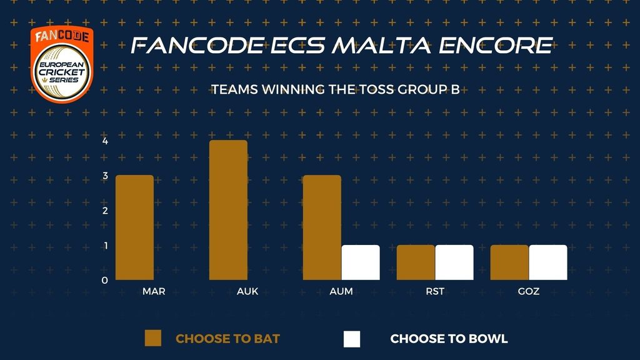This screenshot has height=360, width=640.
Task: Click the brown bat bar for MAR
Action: click(135, 227)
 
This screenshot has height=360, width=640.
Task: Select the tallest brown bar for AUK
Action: click(228, 210)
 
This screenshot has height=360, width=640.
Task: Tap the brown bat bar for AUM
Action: click(322, 227)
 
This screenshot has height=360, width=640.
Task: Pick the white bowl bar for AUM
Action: click(361, 262)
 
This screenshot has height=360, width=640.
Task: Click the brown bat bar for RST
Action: click(416, 262)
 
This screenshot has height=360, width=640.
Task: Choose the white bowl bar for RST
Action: click(454, 262)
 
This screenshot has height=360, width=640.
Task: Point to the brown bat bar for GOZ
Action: click(509, 262)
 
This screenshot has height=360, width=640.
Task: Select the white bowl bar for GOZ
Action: click(548, 262)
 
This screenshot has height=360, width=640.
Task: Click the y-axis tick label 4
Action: click(105, 141)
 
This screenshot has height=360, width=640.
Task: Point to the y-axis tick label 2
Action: click(105, 211)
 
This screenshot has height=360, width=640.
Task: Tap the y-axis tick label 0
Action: click(105, 281)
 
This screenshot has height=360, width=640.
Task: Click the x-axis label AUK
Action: click(247, 291)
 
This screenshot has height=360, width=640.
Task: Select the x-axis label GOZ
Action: click(529, 291)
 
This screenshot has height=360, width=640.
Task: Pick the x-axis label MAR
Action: click(154, 291)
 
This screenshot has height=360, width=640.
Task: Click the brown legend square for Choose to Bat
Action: click(153, 338)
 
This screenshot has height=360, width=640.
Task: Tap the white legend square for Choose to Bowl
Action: click(352, 339)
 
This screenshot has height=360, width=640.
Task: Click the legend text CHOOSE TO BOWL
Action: click(449, 339)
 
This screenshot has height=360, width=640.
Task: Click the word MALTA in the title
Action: click(381, 45)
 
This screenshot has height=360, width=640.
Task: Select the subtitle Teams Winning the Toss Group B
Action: click(336, 89)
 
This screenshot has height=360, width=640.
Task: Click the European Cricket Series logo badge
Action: click(62, 64)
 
